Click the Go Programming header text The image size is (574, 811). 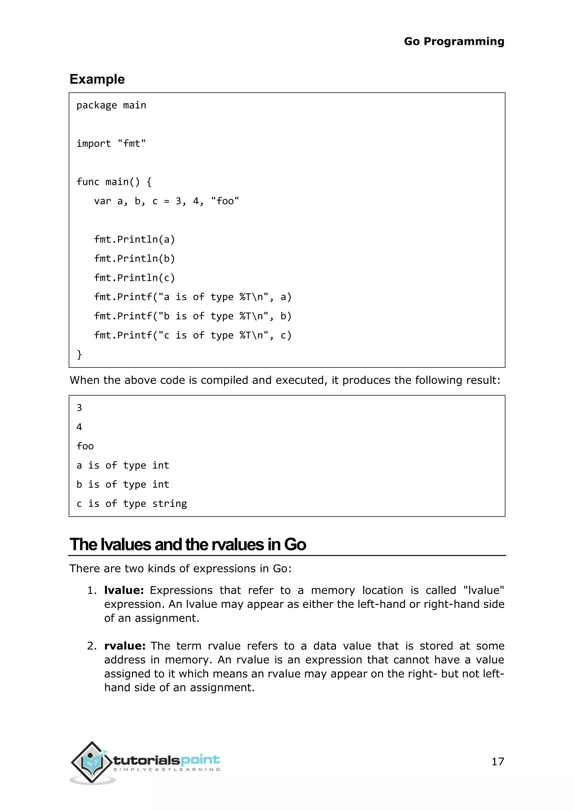click(454, 41)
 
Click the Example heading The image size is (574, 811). click(97, 79)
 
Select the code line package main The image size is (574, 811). click(111, 105)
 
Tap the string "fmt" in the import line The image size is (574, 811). click(131, 143)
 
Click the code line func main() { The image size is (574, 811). click(114, 182)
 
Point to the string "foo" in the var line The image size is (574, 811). click(225, 201)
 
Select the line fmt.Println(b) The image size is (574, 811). click(134, 258)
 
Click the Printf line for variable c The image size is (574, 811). click(193, 335)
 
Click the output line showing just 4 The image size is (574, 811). click(79, 427)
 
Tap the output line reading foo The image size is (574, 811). click(85, 446)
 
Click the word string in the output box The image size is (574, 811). click(169, 504)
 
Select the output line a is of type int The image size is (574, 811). click(123, 465)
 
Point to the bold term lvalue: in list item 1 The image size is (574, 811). click(124, 590)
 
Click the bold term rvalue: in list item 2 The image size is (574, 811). click(125, 646)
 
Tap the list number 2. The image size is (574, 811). click(91, 646)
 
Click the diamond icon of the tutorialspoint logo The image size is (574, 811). click(92, 762)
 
